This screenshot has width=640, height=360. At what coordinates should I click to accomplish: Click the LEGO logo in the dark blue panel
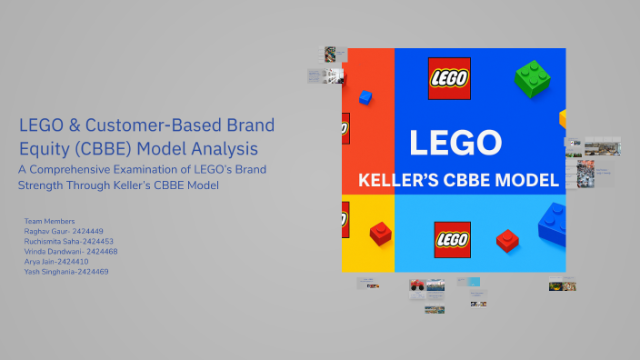pos(449,77)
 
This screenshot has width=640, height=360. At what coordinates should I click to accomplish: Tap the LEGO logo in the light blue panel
pos(452,239)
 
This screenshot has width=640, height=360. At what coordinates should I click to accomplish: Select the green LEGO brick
pos(532,78)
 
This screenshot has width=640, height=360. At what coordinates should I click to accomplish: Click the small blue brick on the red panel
pos(365,96)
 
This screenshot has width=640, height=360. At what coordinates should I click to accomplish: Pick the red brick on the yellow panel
pos(380,235)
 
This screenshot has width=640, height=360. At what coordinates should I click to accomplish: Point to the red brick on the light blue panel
pos(506,240)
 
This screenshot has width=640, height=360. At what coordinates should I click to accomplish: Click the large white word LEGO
pos(455,143)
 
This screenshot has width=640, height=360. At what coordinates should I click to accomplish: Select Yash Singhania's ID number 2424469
pos(90,271)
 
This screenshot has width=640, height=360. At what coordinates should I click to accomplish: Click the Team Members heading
pos(49,221)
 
